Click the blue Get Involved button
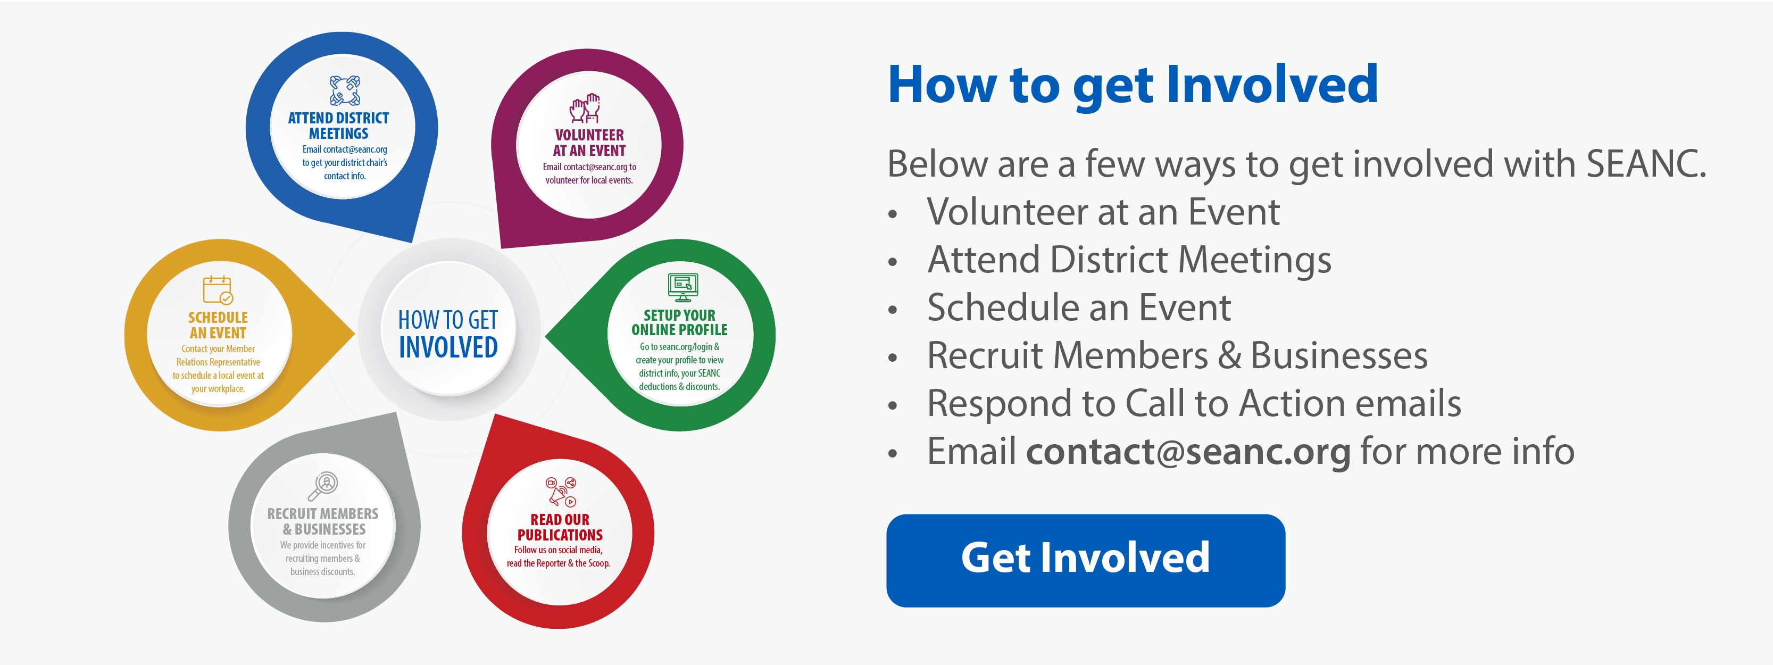[1085, 560]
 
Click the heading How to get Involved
[1133, 85]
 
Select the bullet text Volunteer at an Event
[1103, 212]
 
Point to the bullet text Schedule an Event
[1078, 307]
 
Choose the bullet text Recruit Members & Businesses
[1177, 356]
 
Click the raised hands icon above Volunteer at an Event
[585, 108]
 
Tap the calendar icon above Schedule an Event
[218, 290]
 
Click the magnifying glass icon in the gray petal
[323, 486]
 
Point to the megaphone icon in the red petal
[560, 492]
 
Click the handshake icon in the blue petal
[345, 91]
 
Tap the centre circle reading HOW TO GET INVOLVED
[448, 330]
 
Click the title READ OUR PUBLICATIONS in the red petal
[560, 527]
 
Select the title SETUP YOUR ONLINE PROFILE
[679, 322]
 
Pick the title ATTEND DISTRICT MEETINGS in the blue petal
[339, 126]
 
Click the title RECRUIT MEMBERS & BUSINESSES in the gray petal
[323, 522]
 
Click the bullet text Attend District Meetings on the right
[1129, 260]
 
